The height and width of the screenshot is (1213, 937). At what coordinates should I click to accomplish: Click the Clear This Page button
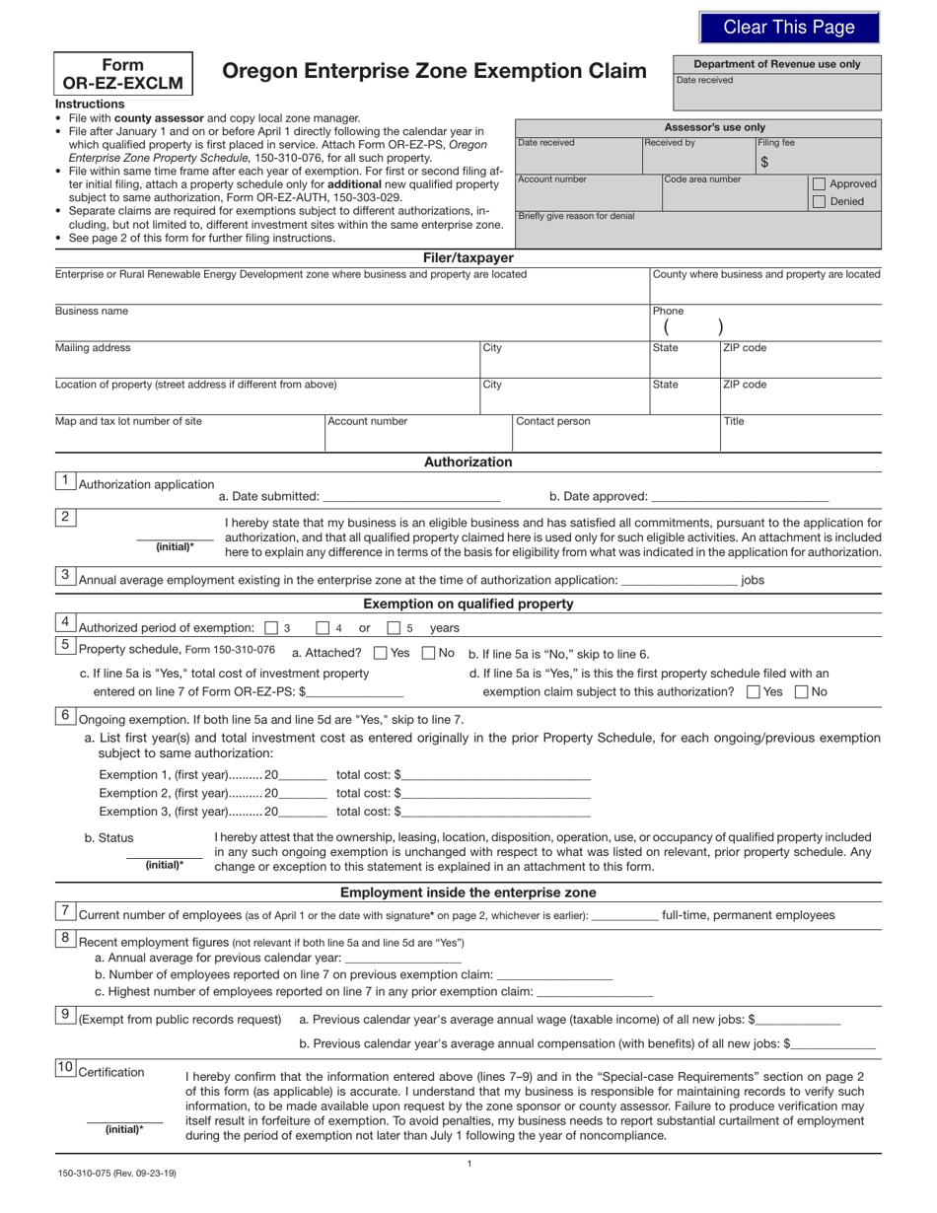point(789,28)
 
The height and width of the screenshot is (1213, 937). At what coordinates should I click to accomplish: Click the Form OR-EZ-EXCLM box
point(123,74)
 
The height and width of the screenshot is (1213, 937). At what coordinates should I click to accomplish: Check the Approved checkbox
point(819,183)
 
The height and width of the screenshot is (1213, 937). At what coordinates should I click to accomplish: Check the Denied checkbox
point(819,201)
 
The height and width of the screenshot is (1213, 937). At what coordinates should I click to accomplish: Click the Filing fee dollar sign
point(764,162)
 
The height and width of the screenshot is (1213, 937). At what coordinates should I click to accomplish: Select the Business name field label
point(91,311)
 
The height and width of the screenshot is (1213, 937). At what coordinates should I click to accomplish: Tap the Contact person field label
point(553,421)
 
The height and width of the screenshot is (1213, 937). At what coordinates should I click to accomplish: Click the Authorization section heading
point(468,462)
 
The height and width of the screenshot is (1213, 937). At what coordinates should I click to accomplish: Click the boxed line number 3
point(65,575)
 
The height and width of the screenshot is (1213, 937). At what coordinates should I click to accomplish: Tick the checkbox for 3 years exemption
point(272,627)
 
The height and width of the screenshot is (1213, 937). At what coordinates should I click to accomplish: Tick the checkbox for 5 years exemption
point(394,627)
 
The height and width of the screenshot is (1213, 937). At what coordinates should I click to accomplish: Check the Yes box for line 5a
point(381,653)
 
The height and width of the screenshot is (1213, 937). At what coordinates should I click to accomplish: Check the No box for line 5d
point(801,692)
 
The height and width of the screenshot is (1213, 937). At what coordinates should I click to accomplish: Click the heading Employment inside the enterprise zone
point(468,892)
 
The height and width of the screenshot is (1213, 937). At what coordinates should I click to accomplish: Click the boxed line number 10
point(65,1067)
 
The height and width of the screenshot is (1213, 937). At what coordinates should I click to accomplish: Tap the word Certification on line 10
point(110,1072)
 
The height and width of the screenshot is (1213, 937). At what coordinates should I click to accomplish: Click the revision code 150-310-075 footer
point(116,1173)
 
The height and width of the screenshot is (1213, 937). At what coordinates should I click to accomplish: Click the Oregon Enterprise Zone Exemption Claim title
point(434,71)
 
